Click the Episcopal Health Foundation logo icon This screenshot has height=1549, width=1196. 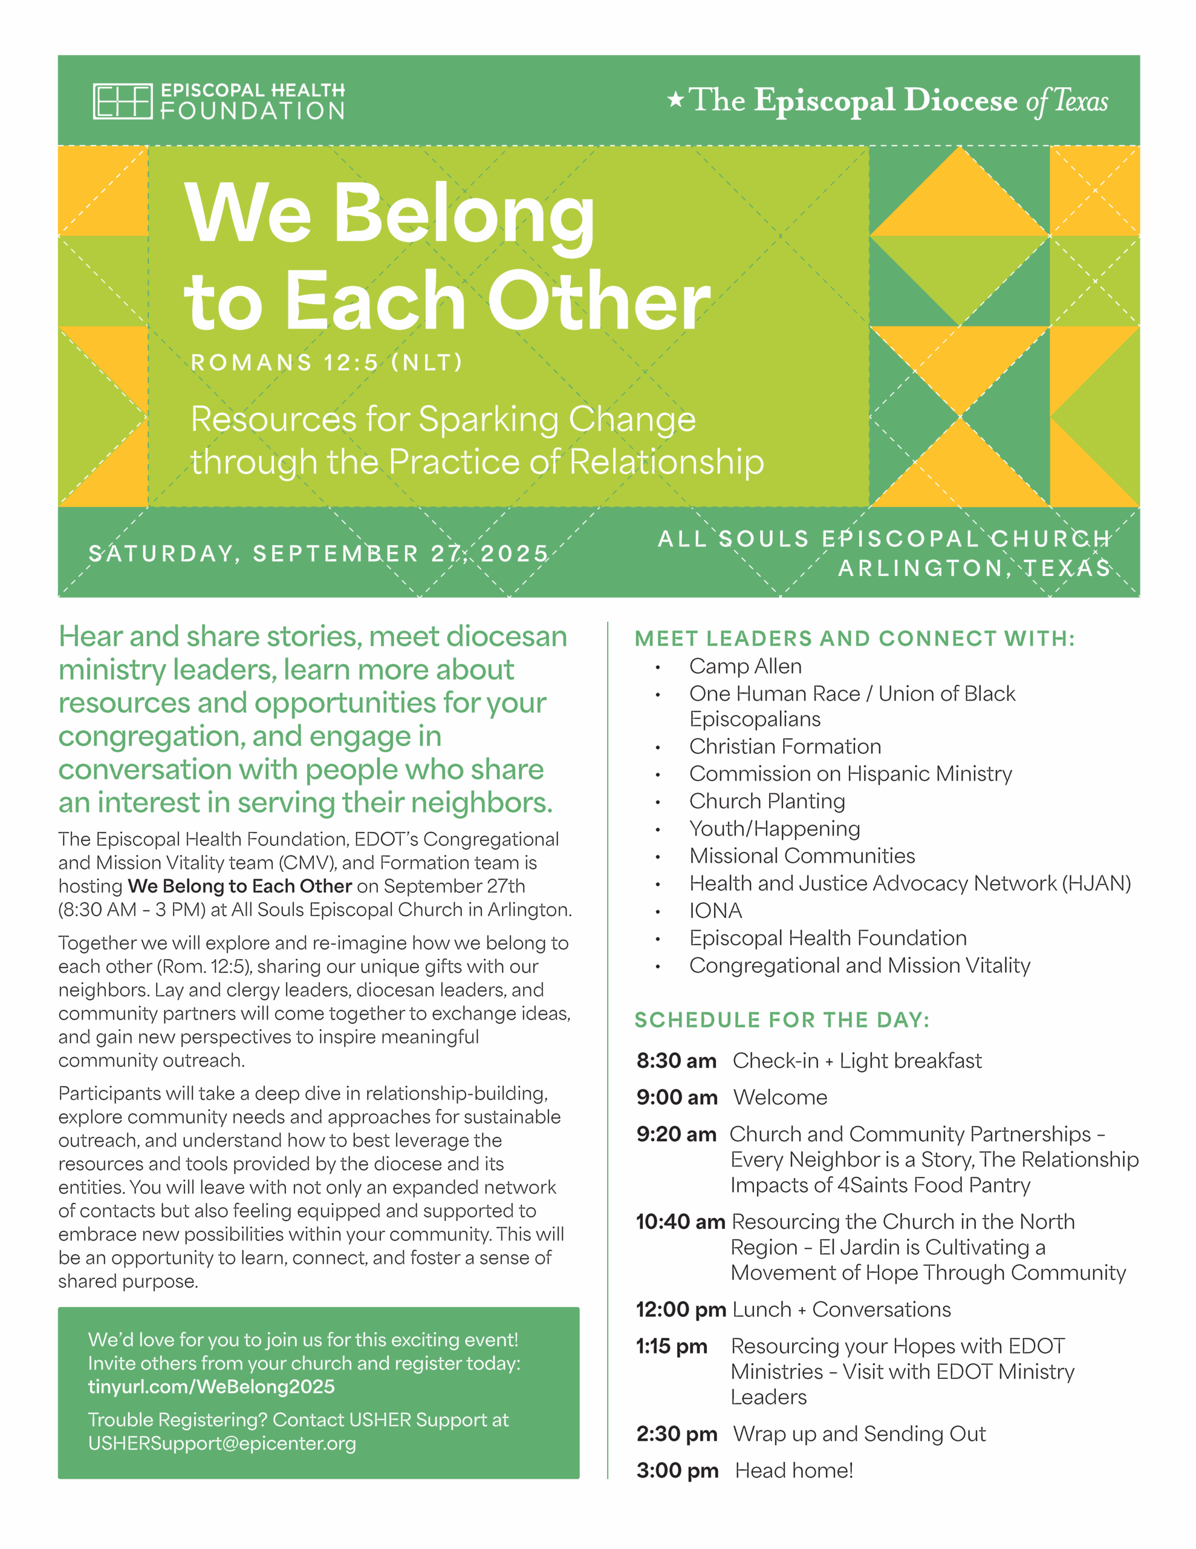point(122,102)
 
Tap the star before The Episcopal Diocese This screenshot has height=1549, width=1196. point(675,99)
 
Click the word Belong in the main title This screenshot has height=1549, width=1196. point(464,214)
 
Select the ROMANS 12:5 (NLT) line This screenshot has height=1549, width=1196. point(326,362)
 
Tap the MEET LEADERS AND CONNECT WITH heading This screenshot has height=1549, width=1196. point(854,638)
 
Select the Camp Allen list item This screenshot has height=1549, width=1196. point(745,666)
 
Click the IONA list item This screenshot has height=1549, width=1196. point(715,910)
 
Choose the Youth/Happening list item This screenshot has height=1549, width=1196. point(774,828)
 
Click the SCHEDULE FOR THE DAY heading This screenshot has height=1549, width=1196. point(781,1020)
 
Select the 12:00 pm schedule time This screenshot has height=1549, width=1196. point(681,1309)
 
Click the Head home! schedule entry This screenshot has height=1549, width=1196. point(793,1470)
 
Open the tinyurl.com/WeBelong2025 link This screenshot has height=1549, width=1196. point(211,1387)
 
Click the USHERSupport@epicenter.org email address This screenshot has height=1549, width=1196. point(222,1443)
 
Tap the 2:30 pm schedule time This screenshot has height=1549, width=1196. point(677,1433)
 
